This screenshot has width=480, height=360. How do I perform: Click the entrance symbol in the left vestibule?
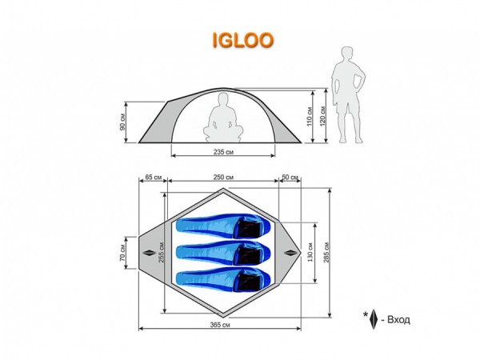tap(150, 252)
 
